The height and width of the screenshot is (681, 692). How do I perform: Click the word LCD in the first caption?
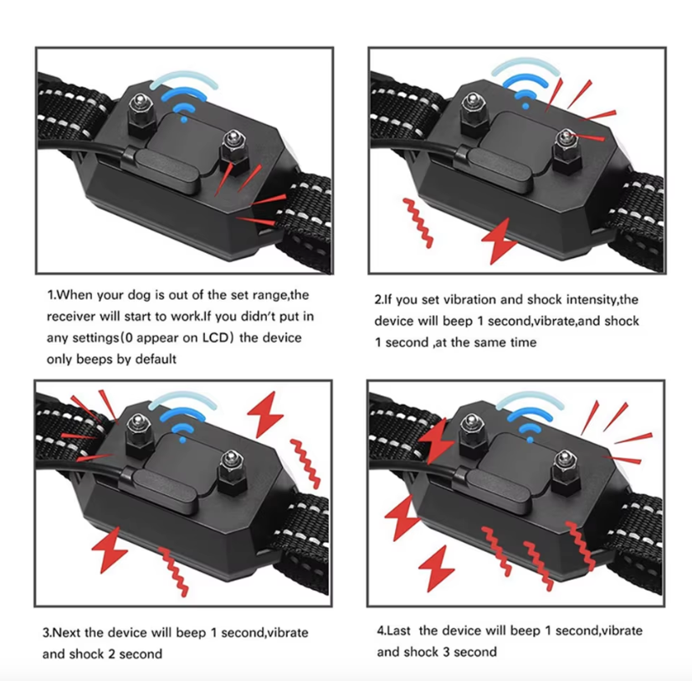coord(219,338)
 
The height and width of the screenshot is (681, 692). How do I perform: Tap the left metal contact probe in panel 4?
coord(470,427)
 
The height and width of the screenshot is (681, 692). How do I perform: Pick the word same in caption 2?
coord(499,343)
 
